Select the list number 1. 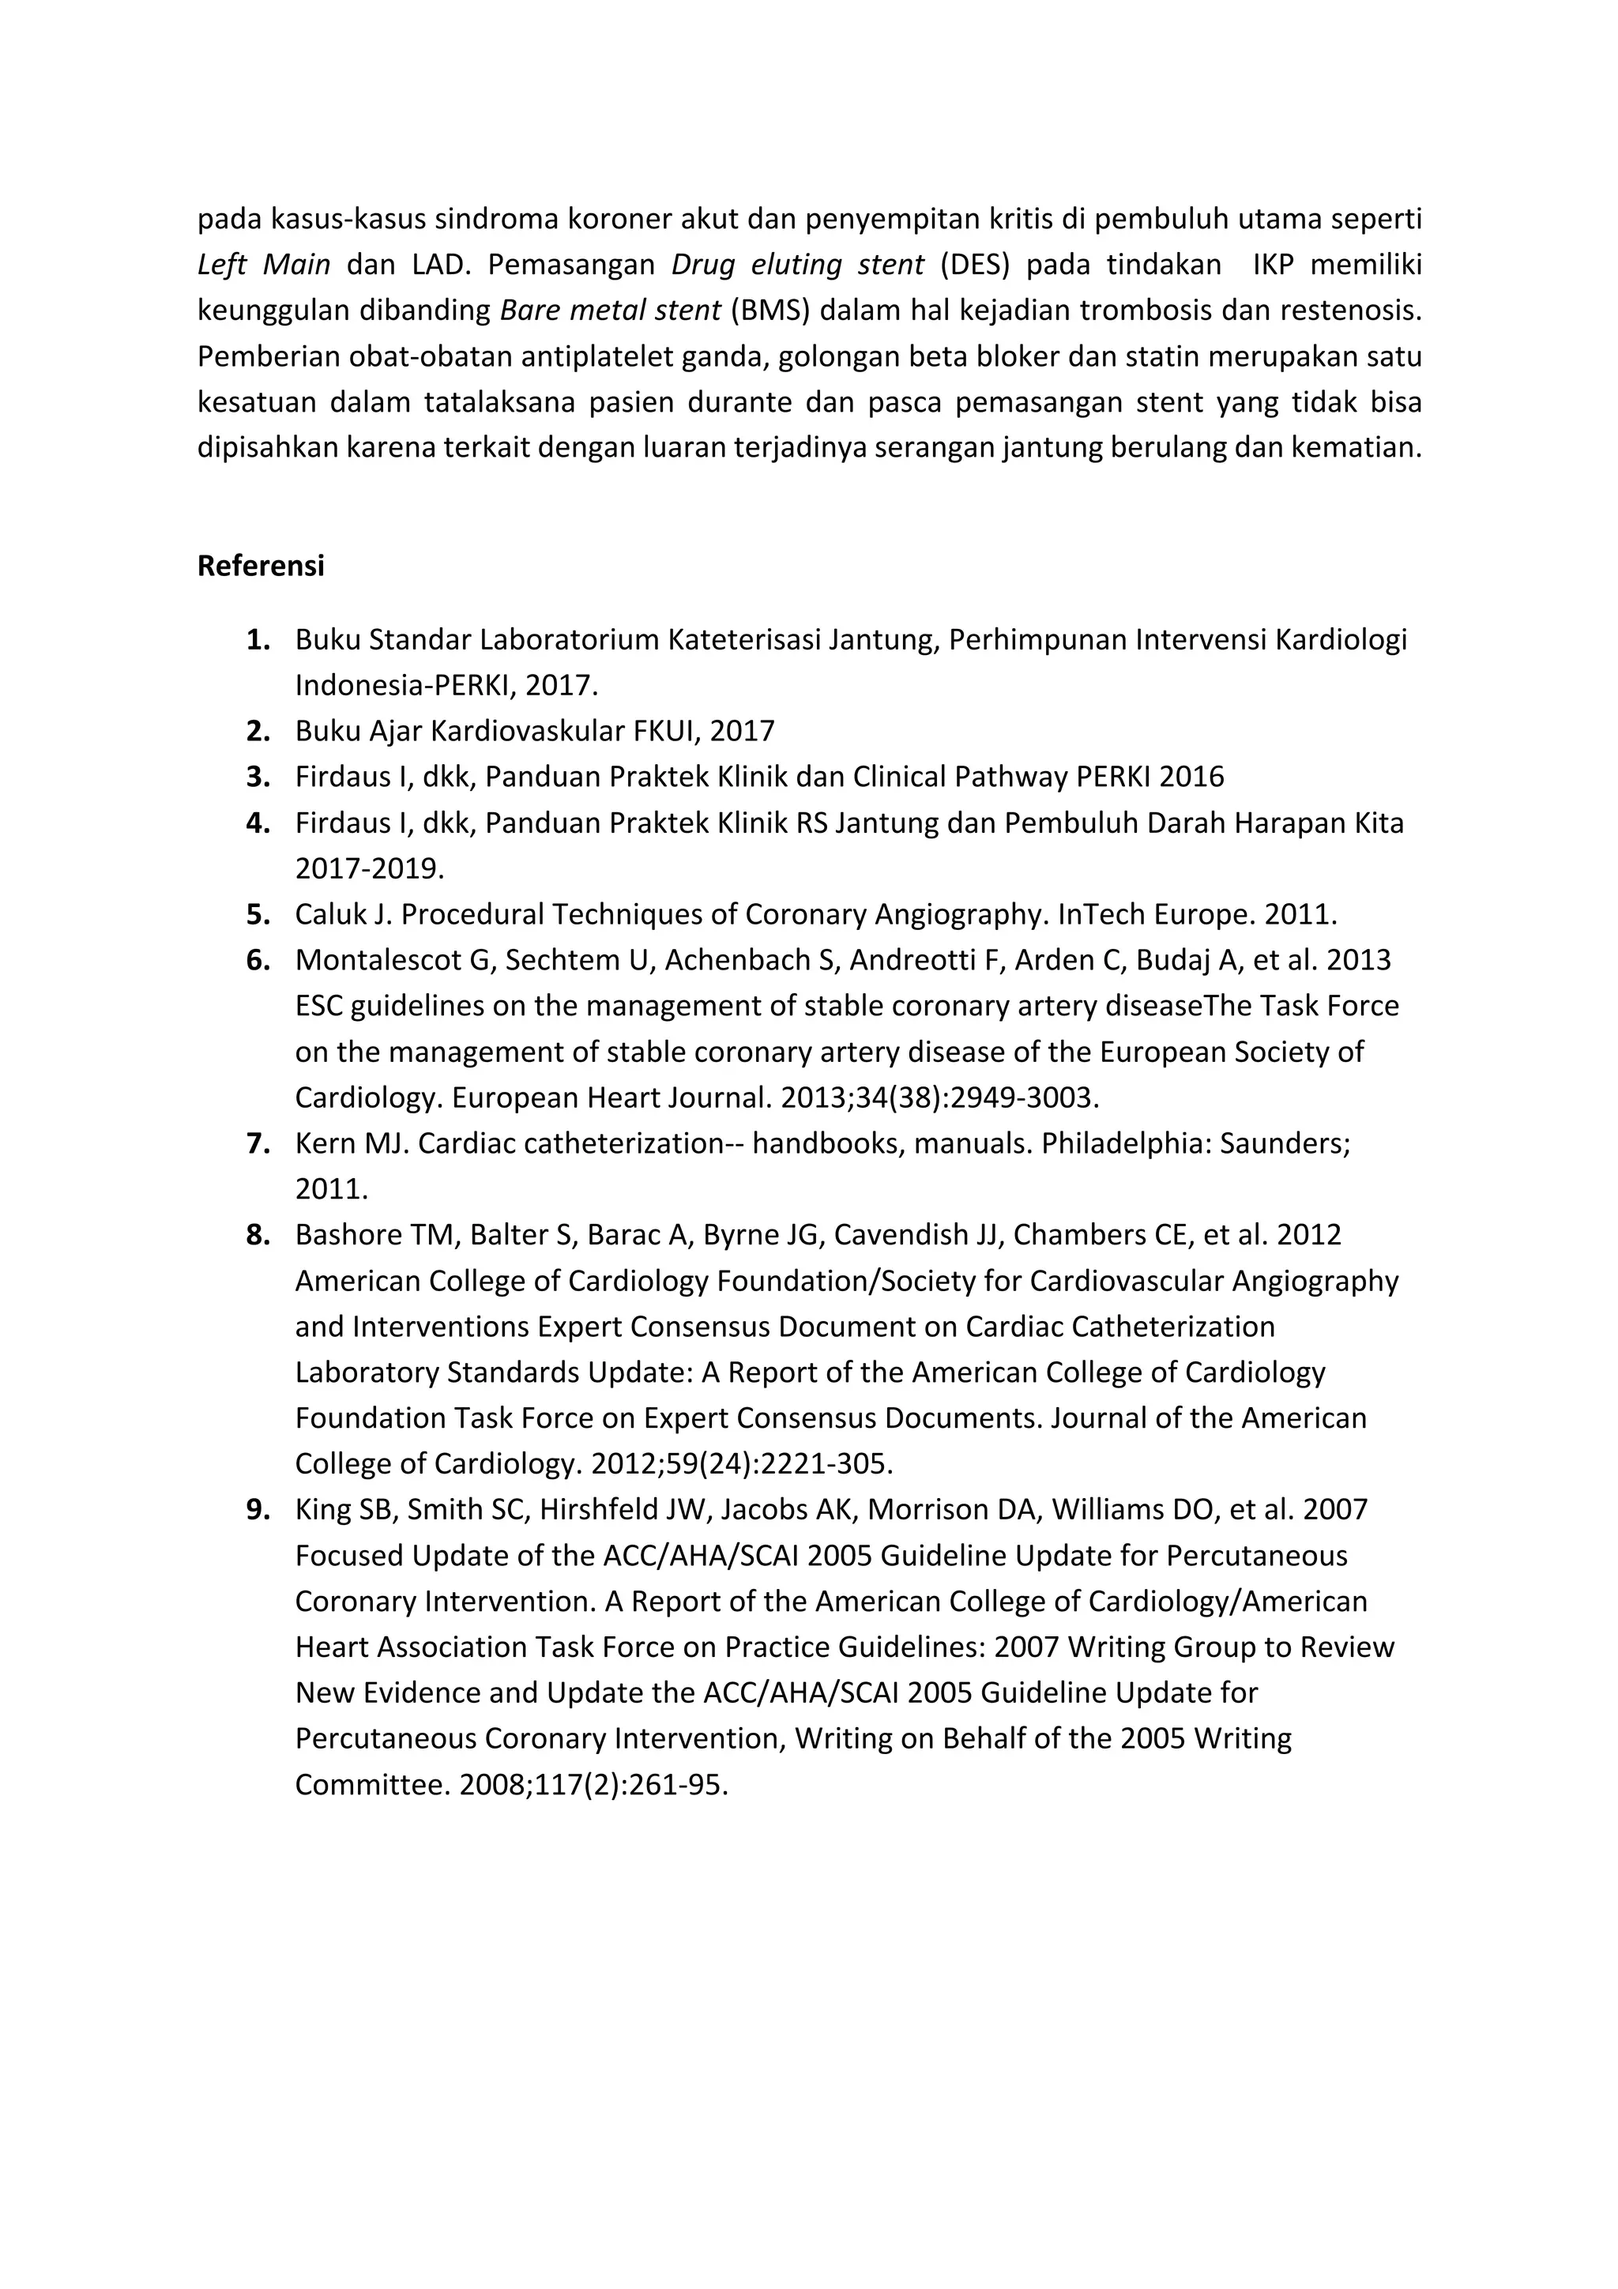(x=258, y=640)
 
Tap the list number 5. (x=258, y=914)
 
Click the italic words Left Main (x=264, y=265)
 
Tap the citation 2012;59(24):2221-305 (x=742, y=1463)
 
